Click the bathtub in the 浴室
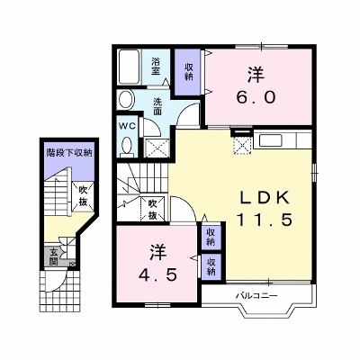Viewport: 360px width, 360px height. pyautogui.click(x=130, y=67)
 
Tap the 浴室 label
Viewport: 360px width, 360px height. pyautogui.click(x=156, y=67)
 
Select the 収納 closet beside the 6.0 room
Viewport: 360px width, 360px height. pyautogui.click(x=188, y=72)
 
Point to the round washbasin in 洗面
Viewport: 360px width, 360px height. pyautogui.click(x=126, y=99)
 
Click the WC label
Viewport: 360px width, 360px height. pyautogui.click(x=128, y=126)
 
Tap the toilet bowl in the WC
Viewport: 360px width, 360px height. pyautogui.click(x=128, y=146)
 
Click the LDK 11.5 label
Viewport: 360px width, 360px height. pyautogui.click(x=264, y=209)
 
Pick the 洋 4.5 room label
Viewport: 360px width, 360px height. pyautogui.click(x=158, y=263)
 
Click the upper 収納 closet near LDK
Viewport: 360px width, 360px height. pyautogui.click(x=211, y=237)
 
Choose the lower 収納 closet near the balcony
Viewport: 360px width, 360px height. pyautogui.click(x=211, y=266)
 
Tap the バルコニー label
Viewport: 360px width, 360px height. pyautogui.click(x=256, y=296)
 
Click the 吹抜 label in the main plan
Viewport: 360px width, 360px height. pyautogui.click(x=153, y=210)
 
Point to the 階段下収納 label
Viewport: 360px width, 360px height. pyautogui.click(x=68, y=153)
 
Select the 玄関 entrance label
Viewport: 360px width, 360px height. pyautogui.click(x=54, y=256)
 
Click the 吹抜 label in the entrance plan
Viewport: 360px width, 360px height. pyautogui.click(x=83, y=196)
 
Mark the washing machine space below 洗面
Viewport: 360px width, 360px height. pyautogui.click(x=157, y=148)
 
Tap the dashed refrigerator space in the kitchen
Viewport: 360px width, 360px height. pyautogui.click(x=242, y=145)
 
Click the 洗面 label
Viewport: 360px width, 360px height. pyautogui.click(x=157, y=106)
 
